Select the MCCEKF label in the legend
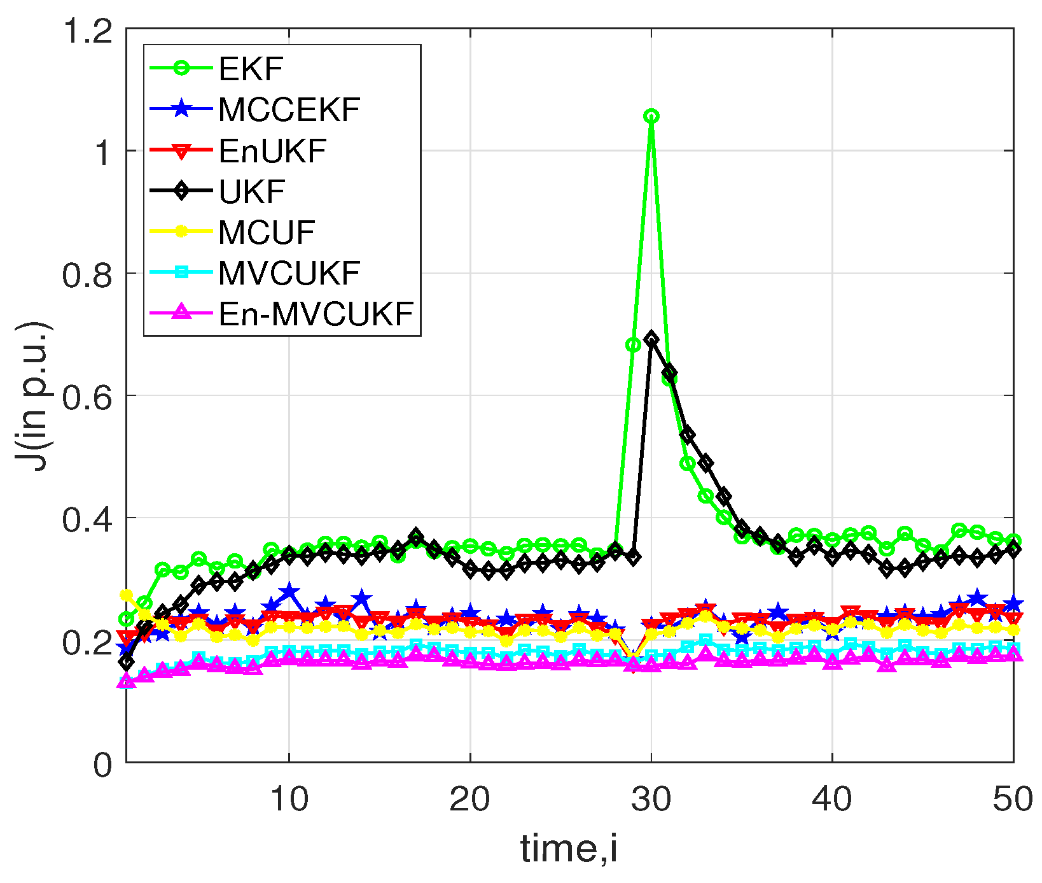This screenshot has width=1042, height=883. [289, 109]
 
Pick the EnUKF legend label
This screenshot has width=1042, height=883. [272, 151]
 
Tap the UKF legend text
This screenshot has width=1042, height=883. [252, 192]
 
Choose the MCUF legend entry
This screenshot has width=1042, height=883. [267, 232]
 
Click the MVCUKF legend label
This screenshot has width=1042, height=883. [289, 273]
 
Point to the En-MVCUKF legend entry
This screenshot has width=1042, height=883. [316, 314]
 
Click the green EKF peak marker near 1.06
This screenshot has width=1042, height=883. [651, 116]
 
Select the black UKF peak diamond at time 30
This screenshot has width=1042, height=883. [651, 339]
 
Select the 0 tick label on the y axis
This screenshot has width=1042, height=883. [102, 763]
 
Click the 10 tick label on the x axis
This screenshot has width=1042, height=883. [289, 798]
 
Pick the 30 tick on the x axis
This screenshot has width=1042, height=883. [651, 798]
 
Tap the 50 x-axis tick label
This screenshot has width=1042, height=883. [1013, 798]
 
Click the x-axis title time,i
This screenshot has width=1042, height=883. [569, 849]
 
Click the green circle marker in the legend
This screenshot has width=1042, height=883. [181, 69]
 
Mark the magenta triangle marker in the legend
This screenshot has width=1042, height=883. [181, 313]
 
